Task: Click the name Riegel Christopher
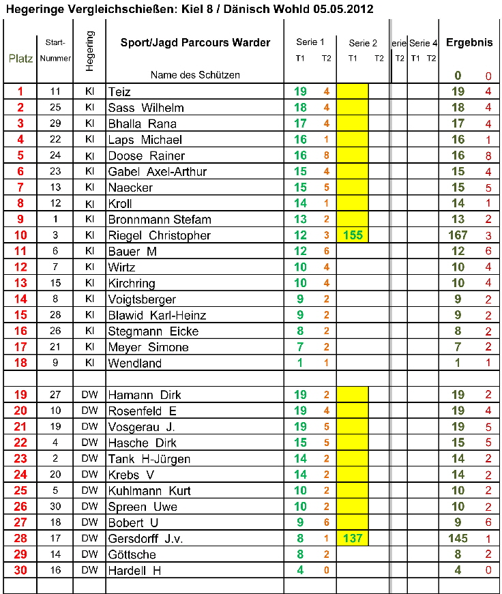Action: tap(160, 236)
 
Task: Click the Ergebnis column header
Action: tap(469, 42)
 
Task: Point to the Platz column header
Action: tap(20, 58)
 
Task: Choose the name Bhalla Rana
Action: tap(143, 124)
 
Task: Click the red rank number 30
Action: tap(20, 571)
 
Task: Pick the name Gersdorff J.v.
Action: tap(146, 539)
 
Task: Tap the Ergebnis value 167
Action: tap(458, 236)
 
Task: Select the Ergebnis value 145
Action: tap(458, 539)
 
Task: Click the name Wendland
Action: tap(135, 363)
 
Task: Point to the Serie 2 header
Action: tap(362, 43)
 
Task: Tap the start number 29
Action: tap(55, 123)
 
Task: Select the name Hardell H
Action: tap(135, 571)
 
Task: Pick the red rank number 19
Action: tap(20, 395)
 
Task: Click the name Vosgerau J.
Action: tap(142, 427)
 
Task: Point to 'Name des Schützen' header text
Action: tap(195, 74)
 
